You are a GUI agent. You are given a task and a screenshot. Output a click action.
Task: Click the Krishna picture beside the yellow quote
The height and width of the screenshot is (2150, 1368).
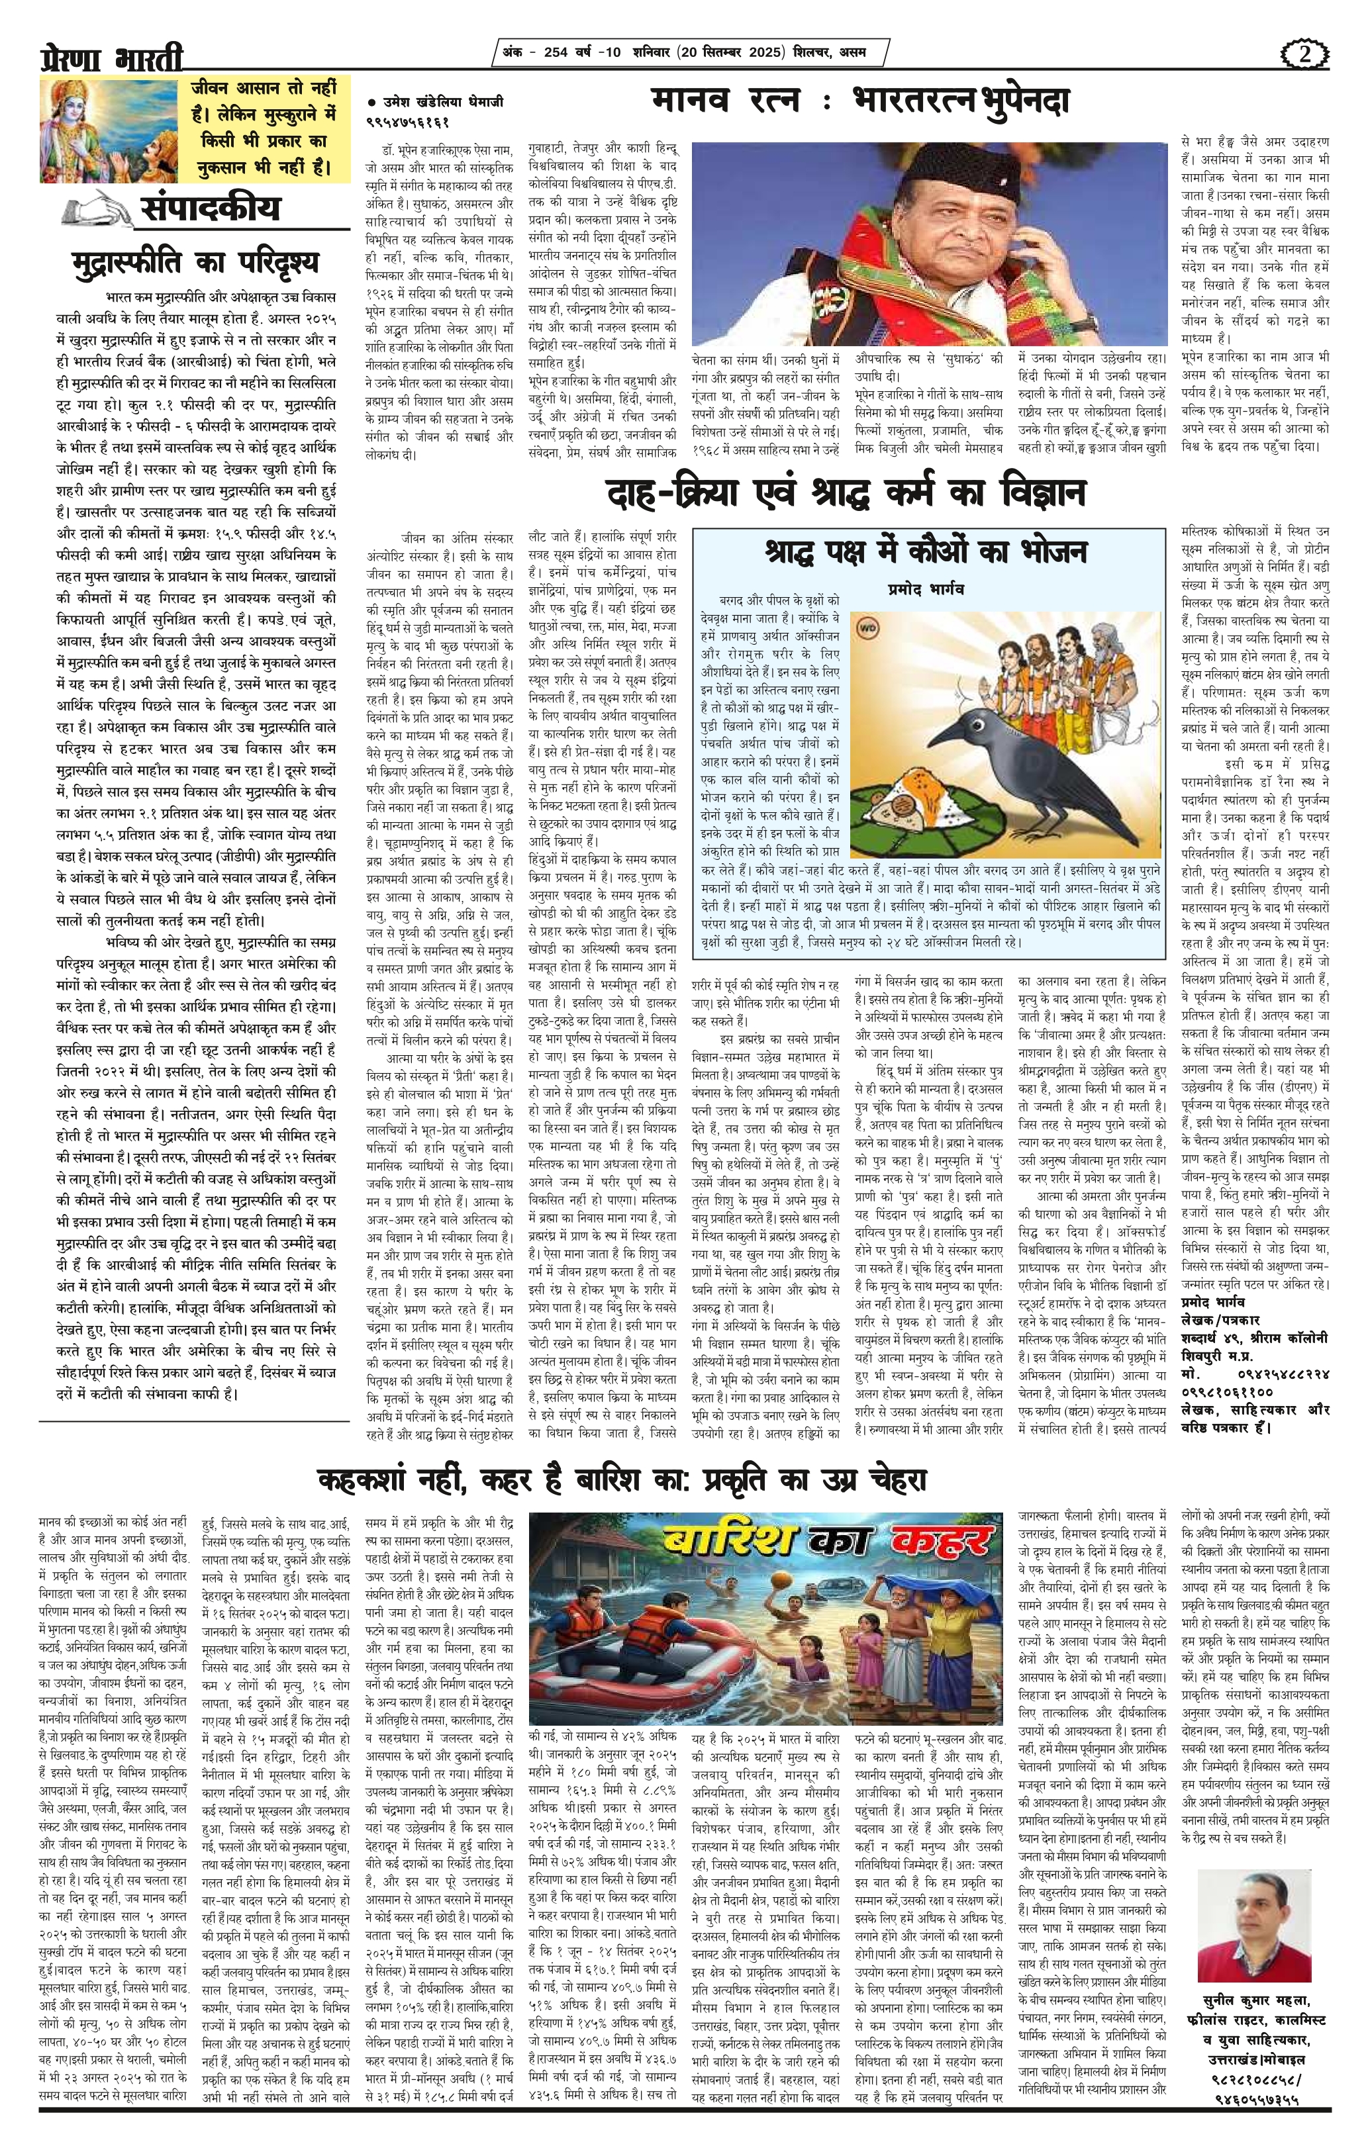tap(107, 130)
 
